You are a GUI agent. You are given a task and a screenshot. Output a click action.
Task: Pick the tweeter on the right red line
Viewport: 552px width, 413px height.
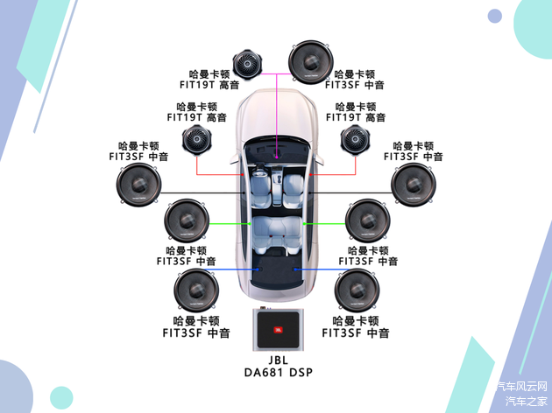click(x=355, y=140)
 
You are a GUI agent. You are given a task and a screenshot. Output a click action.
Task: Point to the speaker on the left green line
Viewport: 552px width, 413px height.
click(x=187, y=221)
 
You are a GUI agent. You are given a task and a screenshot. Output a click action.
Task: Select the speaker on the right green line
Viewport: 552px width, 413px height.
click(x=367, y=221)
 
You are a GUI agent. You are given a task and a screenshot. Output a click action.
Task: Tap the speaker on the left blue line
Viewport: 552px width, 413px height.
click(x=196, y=291)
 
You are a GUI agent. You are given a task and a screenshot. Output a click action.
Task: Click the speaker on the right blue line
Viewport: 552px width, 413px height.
click(x=357, y=291)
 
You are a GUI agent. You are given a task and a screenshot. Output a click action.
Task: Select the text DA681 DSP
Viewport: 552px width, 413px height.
click(x=276, y=372)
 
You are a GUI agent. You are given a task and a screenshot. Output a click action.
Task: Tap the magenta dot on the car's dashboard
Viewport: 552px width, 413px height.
click(x=275, y=158)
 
